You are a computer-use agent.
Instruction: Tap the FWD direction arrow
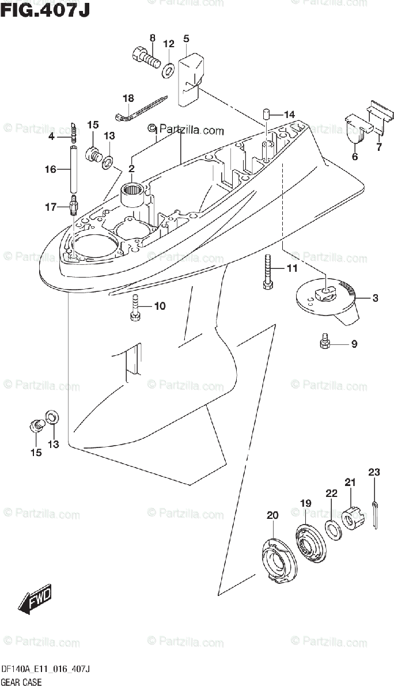(35, 597)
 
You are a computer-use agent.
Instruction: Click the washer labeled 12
(169, 70)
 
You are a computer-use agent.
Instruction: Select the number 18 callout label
(128, 98)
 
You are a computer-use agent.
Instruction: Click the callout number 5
(186, 39)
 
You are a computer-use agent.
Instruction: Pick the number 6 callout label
(354, 157)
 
